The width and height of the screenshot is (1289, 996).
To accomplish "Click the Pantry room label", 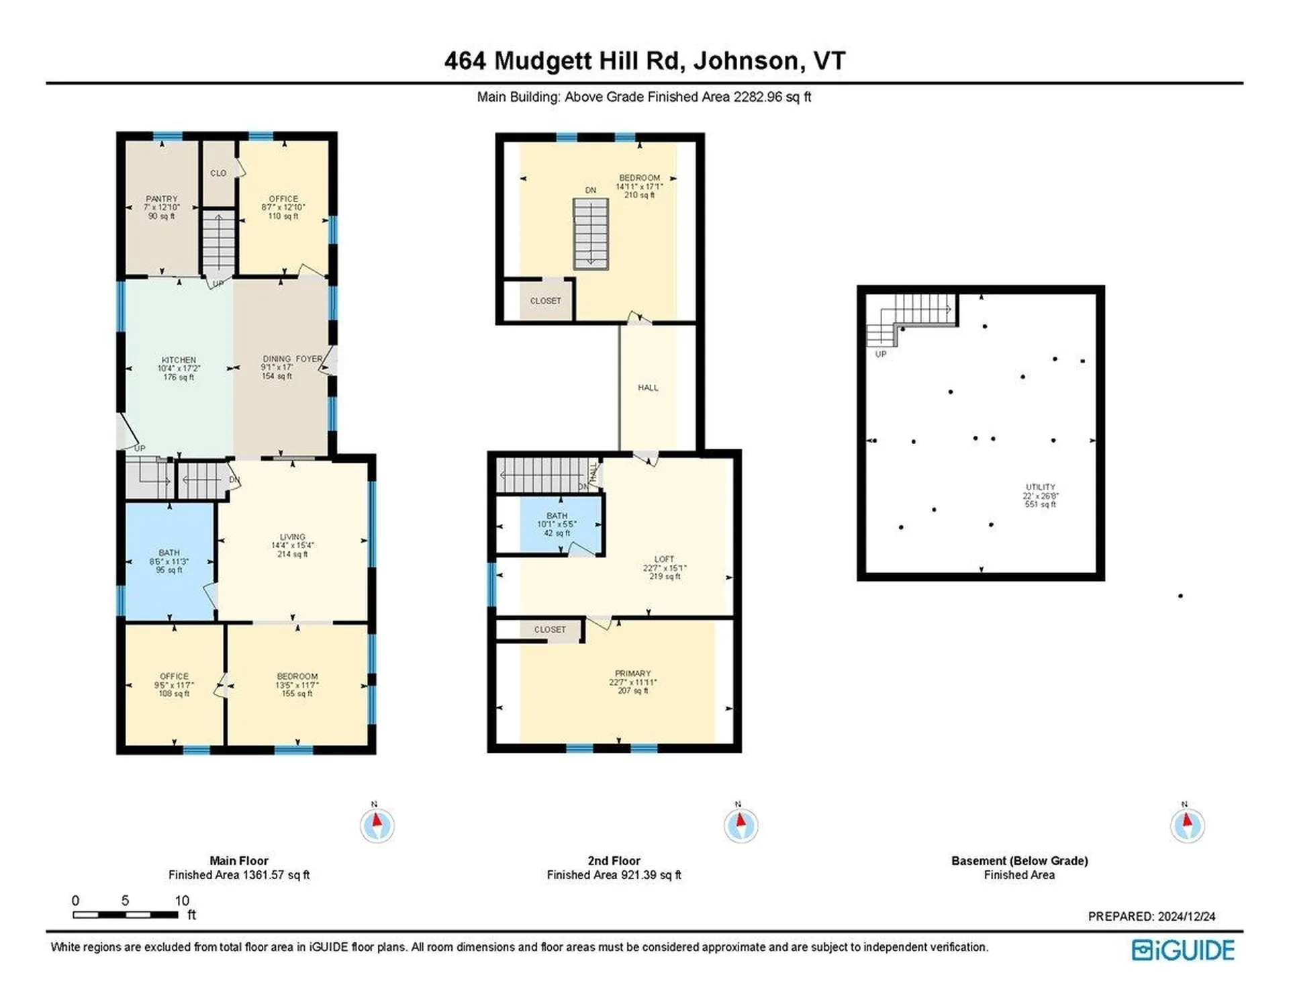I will pos(162,199).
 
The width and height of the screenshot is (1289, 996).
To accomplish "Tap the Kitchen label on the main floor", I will pos(179,360).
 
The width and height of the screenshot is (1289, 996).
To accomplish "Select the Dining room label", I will pos(277,359).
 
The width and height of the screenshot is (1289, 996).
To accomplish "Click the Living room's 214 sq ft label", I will pos(293,554).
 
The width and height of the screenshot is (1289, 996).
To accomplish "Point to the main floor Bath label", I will pos(169,553).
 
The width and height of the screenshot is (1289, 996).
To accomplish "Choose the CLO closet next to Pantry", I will pos(218,173).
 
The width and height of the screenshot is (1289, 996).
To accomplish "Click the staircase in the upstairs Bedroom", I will pos(590,234).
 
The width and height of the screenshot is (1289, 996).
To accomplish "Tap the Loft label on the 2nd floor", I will pos(664,559).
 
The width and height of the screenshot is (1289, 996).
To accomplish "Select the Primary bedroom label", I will pos(632,673).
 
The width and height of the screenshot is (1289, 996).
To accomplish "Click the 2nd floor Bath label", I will pos(557,516).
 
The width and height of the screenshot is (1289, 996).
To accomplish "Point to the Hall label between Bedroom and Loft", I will pos(648,388).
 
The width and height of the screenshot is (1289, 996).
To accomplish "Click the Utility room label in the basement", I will pos(1040,487).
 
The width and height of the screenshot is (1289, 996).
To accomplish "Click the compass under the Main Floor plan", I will pos(377,825).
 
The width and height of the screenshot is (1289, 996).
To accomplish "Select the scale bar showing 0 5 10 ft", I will pos(126,914).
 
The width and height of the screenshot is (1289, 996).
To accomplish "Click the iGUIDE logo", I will pos(1183,950).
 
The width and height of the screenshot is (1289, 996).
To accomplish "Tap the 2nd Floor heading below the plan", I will pos(614,860).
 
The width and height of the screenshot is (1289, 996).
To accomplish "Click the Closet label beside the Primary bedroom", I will pos(550,629).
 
